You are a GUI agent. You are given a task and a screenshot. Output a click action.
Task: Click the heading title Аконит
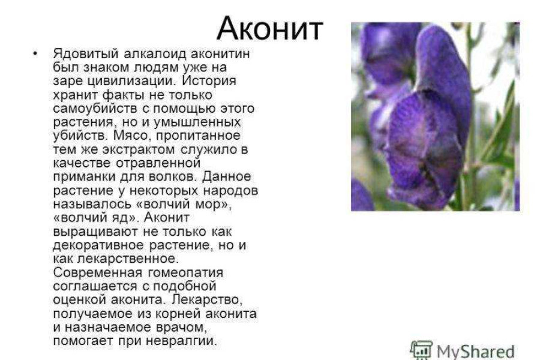269,29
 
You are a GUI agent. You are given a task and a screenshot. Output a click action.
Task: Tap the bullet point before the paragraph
35,53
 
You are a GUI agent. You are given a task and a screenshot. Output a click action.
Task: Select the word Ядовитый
86,54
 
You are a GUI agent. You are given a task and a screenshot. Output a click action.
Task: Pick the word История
209,82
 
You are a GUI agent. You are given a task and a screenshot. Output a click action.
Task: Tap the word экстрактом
139,149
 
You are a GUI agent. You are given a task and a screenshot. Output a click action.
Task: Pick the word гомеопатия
185,273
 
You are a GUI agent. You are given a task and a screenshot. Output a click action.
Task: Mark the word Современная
98,272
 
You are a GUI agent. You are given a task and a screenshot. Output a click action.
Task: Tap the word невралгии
182,341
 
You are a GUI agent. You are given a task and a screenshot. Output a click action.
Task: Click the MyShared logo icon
421,350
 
